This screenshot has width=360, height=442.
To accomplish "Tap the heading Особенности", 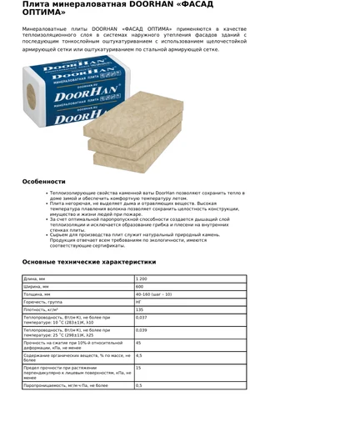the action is [x=43, y=181].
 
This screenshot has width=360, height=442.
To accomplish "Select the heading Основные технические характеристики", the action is [x=88, y=262].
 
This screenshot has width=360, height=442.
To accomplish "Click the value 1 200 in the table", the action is [x=142, y=279].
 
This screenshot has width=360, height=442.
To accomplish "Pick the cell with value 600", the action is [x=140, y=286].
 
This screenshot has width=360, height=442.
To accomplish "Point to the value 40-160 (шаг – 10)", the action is [x=153, y=294].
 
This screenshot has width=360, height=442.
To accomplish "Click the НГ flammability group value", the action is [x=138, y=302].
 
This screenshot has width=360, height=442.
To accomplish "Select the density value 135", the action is [x=140, y=309].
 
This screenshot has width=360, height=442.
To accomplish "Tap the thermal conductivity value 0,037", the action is [x=142, y=318].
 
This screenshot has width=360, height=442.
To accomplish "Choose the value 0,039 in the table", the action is [x=142, y=330].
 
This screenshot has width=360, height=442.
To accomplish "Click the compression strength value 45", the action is [x=138, y=343].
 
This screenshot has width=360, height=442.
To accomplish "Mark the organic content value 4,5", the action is [x=139, y=355].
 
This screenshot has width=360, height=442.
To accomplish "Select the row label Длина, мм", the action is [x=37, y=279].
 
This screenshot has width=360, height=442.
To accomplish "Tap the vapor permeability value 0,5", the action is [x=139, y=385].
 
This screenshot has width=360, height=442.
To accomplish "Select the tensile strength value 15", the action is [x=138, y=368].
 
